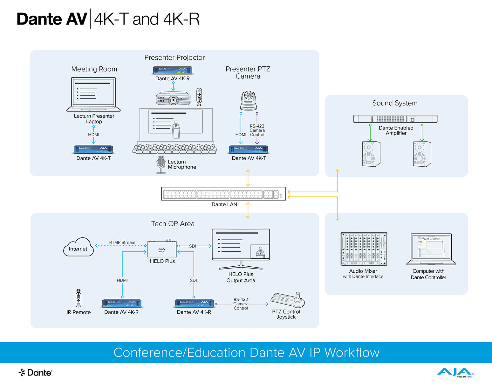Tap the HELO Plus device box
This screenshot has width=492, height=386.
[162, 249]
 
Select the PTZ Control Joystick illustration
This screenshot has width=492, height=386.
[288, 300]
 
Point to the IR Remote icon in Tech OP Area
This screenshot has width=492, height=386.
[79, 298]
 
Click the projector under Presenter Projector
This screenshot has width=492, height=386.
[173, 98]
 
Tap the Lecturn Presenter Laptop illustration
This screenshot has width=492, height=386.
[93, 95]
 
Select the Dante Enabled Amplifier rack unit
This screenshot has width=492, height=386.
[395, 119]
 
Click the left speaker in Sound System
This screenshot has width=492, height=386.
[371, 154]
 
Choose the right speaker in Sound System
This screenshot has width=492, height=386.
[422, 154]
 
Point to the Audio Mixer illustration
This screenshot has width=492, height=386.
[364, 249]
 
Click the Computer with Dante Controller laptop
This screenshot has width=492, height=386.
[431, 250]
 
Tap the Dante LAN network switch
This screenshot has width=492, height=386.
[223, 194]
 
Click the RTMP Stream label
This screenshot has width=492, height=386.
[122, 243]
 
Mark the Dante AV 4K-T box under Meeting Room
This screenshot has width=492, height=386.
[93, 149]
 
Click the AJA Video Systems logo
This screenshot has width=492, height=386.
[455, 372]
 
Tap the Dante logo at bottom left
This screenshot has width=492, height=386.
[35, 372]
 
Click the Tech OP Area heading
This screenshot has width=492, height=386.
[173, 224]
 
